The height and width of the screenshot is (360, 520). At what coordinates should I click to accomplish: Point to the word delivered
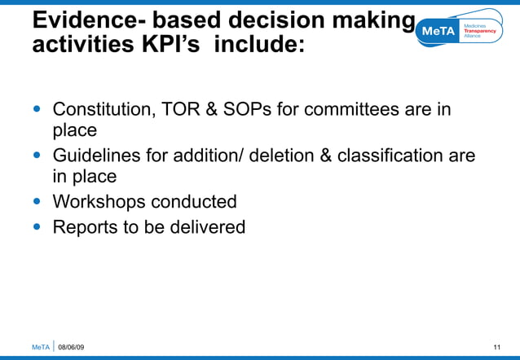(207, 227)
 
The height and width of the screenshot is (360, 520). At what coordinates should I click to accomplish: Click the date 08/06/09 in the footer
(71, 348)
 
